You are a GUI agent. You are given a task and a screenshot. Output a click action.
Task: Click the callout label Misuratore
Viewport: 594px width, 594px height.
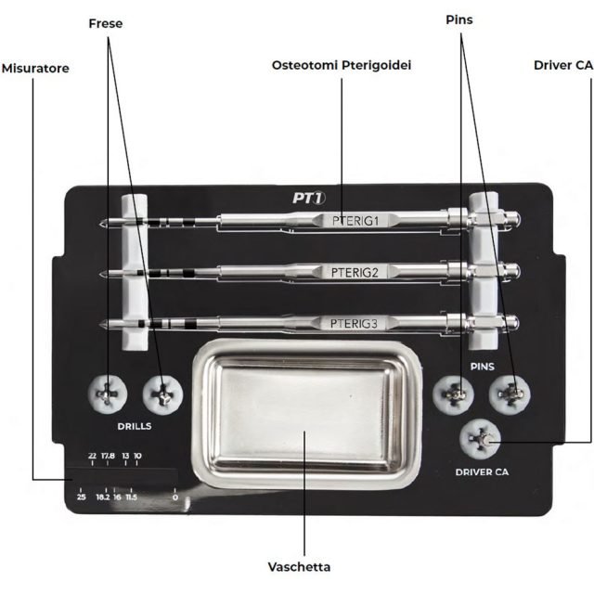coord(35,69)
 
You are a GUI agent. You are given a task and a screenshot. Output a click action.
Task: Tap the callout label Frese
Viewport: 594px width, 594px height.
coord(106,22)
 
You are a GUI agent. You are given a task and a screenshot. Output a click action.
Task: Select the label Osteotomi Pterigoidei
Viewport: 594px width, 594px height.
coord(342,65)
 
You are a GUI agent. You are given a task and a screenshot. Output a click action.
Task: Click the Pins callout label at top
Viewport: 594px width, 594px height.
coord(458,19)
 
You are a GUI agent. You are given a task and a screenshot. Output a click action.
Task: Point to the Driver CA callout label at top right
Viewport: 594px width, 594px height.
coord(563,65)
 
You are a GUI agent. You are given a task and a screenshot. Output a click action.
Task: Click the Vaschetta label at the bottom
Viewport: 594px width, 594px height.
coord(300,566)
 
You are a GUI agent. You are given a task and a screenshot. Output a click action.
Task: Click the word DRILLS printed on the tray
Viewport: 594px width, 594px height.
coord(135,427)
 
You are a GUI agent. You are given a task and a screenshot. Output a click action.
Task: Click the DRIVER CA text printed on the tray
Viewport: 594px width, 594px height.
coord(482,472)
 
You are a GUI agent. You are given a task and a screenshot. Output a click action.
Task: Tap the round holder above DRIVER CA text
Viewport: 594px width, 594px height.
coord(482,437)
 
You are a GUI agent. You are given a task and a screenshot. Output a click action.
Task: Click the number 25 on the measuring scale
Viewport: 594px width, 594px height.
coord(81,497)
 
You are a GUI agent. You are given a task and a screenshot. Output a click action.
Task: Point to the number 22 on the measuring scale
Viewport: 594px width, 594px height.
coord(92,456)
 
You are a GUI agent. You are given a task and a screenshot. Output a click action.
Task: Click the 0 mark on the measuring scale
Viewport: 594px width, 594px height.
coord(174,497)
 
